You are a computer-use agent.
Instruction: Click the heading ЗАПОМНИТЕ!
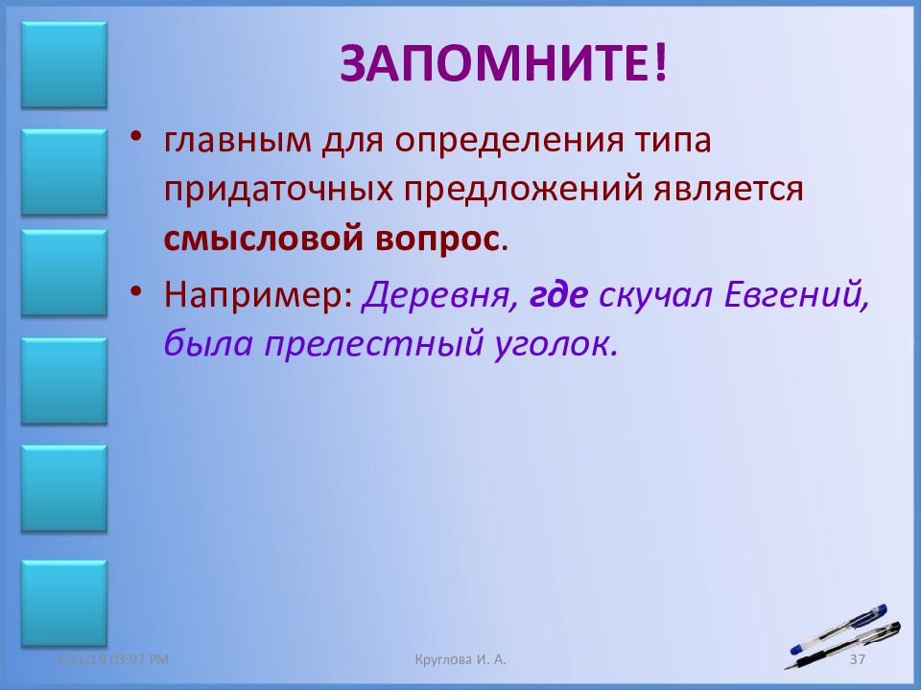[x=504, y=63]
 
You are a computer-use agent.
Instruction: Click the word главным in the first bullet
[x=237, y=141]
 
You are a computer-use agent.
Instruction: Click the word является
[x=729, y=190]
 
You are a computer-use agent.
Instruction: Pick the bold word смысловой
[x=262, y=239]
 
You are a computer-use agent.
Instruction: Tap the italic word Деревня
[x=437, y=294]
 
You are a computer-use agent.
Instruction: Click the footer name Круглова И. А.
[x=460, y=659]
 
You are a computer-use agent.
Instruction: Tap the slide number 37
[x=858, y=659]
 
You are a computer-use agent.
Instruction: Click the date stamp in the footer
[x=111, y=659]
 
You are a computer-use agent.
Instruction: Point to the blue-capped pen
[x=838, y=630]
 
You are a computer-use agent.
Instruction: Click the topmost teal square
[x=64, y=65]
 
